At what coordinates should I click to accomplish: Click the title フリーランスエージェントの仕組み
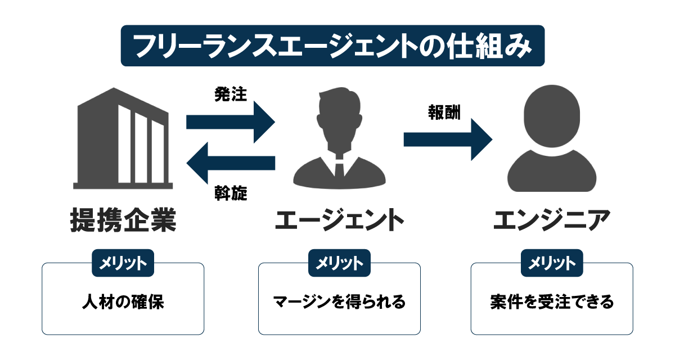coord(333,46)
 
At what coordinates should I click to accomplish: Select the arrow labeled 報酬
coord(447,139)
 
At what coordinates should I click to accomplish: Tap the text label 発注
coord(231,94)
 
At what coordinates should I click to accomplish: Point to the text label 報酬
coord(444,112)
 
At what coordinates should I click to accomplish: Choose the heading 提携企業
coord(122,219)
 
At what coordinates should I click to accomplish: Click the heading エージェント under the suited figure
coord(339,220)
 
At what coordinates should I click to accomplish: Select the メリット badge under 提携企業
coord(123,263)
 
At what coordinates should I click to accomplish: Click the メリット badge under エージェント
coord(339,263)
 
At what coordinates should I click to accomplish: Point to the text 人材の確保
coord(123,302)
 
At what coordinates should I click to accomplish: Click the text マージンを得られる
coord(339,302)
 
